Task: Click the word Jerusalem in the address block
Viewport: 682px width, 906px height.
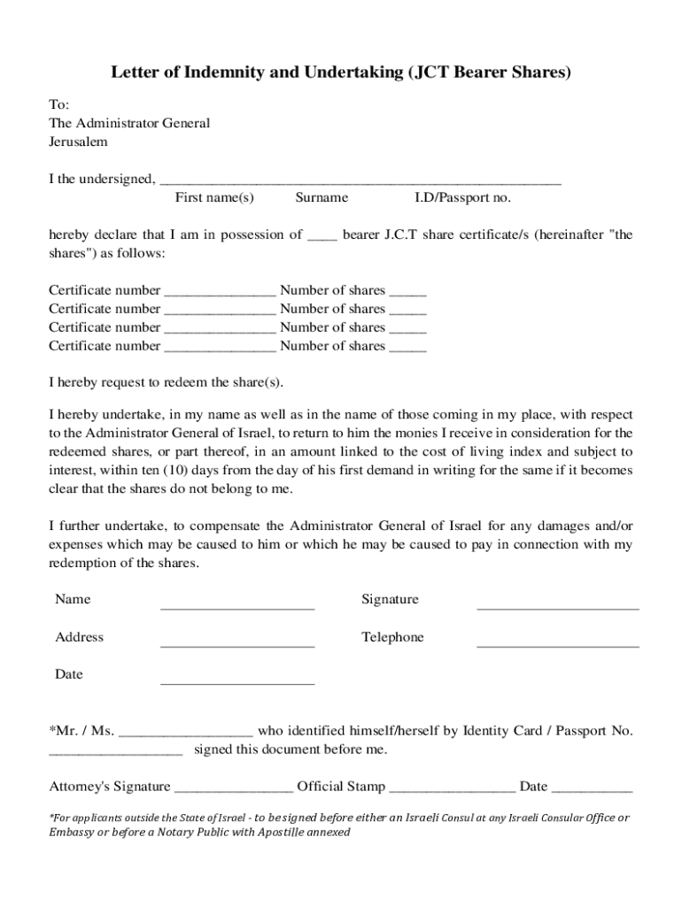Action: tap(78, 141)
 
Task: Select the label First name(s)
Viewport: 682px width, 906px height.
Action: tap(214, 197)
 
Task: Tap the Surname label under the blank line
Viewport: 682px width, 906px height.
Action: tap(322, 197)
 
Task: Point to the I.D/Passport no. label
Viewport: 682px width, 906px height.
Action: tap(462, 197)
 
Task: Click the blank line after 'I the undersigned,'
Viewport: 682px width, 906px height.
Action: tap(360, 180)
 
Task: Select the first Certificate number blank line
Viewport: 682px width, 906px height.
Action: tap(220, 292)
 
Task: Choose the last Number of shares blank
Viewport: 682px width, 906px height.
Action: tap(407, 348)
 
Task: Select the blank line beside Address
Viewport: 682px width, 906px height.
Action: tap(237, 645)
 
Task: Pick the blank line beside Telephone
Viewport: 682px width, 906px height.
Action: tap(558, 645)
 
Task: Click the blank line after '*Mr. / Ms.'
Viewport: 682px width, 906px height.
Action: tap(186, 733)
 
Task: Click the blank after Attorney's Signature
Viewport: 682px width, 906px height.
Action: tap(234, 787)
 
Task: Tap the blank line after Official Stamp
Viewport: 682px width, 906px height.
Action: tap(452, 787)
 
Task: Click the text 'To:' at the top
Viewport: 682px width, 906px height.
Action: tap(58, 104)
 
